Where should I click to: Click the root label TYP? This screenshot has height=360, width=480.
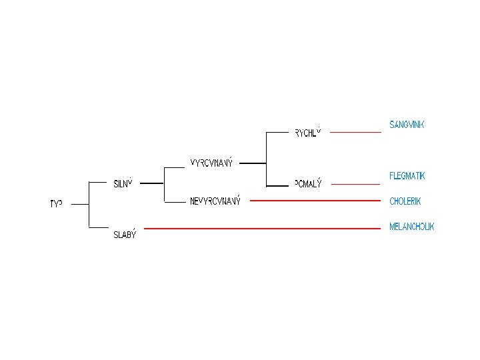[56, 204]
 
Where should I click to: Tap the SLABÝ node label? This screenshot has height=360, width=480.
[124, 234]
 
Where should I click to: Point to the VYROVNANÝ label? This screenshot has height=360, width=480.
[211, 163]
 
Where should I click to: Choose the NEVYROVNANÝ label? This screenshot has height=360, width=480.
[215, 201]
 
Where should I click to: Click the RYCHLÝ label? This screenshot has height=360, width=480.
[308, 132]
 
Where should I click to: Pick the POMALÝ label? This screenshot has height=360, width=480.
[308, 184]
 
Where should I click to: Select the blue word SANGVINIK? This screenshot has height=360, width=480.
[407, 125]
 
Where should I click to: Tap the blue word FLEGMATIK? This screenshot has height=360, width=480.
[407, 176]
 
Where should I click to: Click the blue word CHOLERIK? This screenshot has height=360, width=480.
[405, 201]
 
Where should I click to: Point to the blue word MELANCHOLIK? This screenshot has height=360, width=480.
[411, 227]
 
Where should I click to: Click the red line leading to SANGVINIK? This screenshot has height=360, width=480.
[355, 132]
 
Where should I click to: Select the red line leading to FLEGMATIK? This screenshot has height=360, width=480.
[355, 183]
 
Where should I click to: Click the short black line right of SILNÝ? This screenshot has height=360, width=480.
[152, 183]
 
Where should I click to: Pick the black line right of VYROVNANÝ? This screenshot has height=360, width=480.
[252, 162]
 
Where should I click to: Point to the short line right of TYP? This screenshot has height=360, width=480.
[79, 205]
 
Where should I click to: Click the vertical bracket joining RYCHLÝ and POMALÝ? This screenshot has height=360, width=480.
[266, 159]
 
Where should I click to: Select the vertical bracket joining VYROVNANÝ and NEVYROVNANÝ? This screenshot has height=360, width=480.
[164, 184]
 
